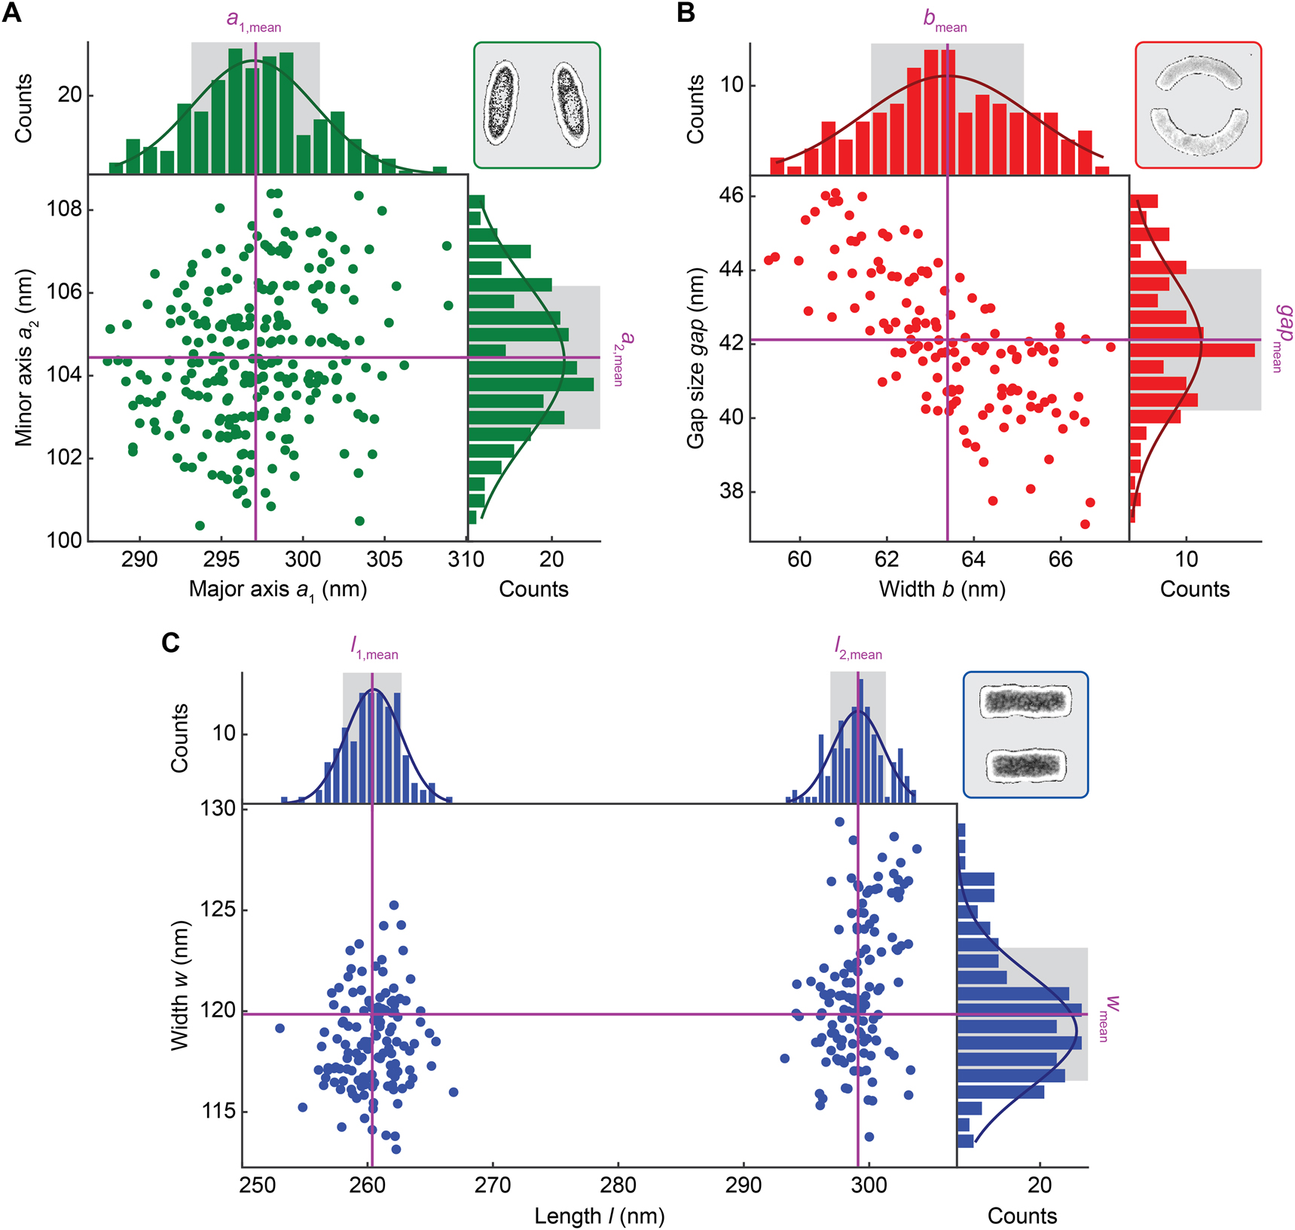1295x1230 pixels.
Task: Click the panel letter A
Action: click(12, 13)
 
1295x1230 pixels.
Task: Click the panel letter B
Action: click(686, 13)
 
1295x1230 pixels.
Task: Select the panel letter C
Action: click(171, 643)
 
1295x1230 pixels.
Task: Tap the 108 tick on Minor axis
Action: click(64, 209)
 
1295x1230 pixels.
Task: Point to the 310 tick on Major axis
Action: click(466, 559)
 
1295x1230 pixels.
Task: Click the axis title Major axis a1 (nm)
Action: click(278, 590)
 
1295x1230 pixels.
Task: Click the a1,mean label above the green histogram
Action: click(254, 21)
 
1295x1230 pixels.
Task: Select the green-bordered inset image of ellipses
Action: click(536, 105)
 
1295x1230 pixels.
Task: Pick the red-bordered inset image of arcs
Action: click(1198, 105)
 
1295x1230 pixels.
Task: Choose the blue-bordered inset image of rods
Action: click(1025, 735)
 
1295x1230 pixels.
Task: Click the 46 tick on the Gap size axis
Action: click(730, 196)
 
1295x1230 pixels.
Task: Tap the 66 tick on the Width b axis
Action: click(1060, 559)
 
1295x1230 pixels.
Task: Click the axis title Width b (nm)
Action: click(942, 589)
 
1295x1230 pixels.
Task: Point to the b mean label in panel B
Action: click(945, 21)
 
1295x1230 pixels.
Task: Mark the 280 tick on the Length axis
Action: click(618, 1185)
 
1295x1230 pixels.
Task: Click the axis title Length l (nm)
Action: click(599, 1216)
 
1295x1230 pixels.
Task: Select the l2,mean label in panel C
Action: click(857, 648)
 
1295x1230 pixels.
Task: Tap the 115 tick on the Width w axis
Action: click(218, 1112)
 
